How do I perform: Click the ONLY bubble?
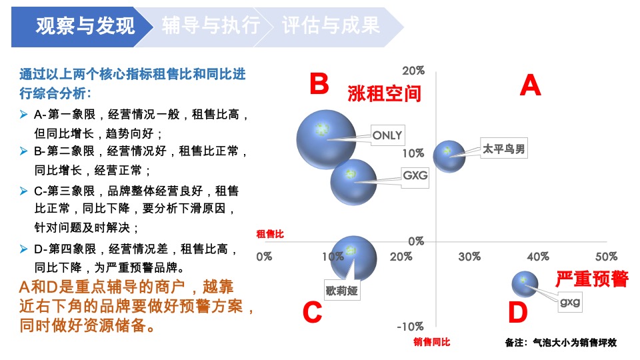pos(325,139)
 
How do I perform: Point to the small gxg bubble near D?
pos(525,284)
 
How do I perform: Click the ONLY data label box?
pos(387,135)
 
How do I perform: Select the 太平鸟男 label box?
pos(504,149)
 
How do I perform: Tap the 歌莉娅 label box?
pos(342,290)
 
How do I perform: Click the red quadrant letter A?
pos(530,86)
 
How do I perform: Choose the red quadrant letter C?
pos(312,313)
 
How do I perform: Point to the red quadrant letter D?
pos(517,313)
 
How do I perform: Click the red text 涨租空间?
pos(385,93)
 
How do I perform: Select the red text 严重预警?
pos(592,278)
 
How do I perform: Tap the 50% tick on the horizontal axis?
pos(606,257)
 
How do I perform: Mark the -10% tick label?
pos(410,327)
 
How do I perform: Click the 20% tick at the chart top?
pos(413,71)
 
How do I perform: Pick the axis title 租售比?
pos(270,234)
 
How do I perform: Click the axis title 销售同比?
pos(431,342)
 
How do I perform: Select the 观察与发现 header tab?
pos(85,27)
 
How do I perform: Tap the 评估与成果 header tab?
pos(331,27)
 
